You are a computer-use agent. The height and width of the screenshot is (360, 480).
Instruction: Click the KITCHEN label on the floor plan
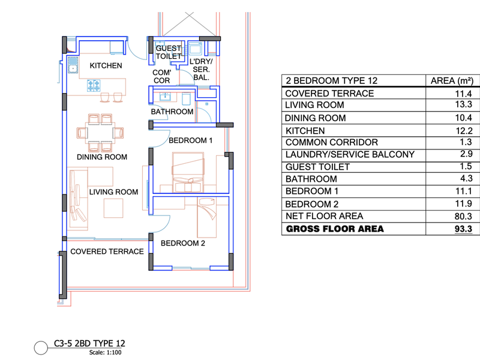(x=106, y=65)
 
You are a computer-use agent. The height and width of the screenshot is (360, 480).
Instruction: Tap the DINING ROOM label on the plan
(x=102, y=157)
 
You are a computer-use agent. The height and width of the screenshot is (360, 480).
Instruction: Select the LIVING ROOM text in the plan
(x=113, y=192)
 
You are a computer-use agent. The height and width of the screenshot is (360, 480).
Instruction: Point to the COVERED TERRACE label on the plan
(x=107, y=251)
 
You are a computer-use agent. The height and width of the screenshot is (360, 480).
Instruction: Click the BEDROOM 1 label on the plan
(x=190, y=140)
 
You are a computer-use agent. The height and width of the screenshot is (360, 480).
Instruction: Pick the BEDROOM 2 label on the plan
(x=183, y=244)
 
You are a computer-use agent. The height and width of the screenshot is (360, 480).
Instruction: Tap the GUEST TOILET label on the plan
(x=169, y=52)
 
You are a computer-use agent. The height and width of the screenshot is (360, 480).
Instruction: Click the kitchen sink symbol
(x=73, y=65)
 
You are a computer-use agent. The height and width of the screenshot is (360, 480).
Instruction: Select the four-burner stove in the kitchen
(x=94, y=86)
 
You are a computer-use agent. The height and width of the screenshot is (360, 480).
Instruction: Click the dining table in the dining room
(x=100, y=133)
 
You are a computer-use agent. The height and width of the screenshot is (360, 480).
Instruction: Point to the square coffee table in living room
(x=113, y=208)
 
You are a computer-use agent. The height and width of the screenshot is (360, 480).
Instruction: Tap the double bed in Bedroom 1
(x=188, y=172)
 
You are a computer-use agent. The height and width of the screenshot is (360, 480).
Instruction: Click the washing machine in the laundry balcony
(x=195, y=49)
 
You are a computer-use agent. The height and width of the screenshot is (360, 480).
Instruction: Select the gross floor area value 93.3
(x=463, y=229)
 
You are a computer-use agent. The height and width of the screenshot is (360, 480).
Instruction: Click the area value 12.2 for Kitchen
(x=464, y=131)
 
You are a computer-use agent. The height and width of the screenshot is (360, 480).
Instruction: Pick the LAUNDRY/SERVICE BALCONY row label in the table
(x=350, y=154)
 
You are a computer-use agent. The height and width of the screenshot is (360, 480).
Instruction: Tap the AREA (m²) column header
(x=452, y=81)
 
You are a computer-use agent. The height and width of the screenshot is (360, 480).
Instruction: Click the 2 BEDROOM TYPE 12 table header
(x=332, y=80)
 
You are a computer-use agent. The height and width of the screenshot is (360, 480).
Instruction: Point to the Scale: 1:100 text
(x=106, y=352)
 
